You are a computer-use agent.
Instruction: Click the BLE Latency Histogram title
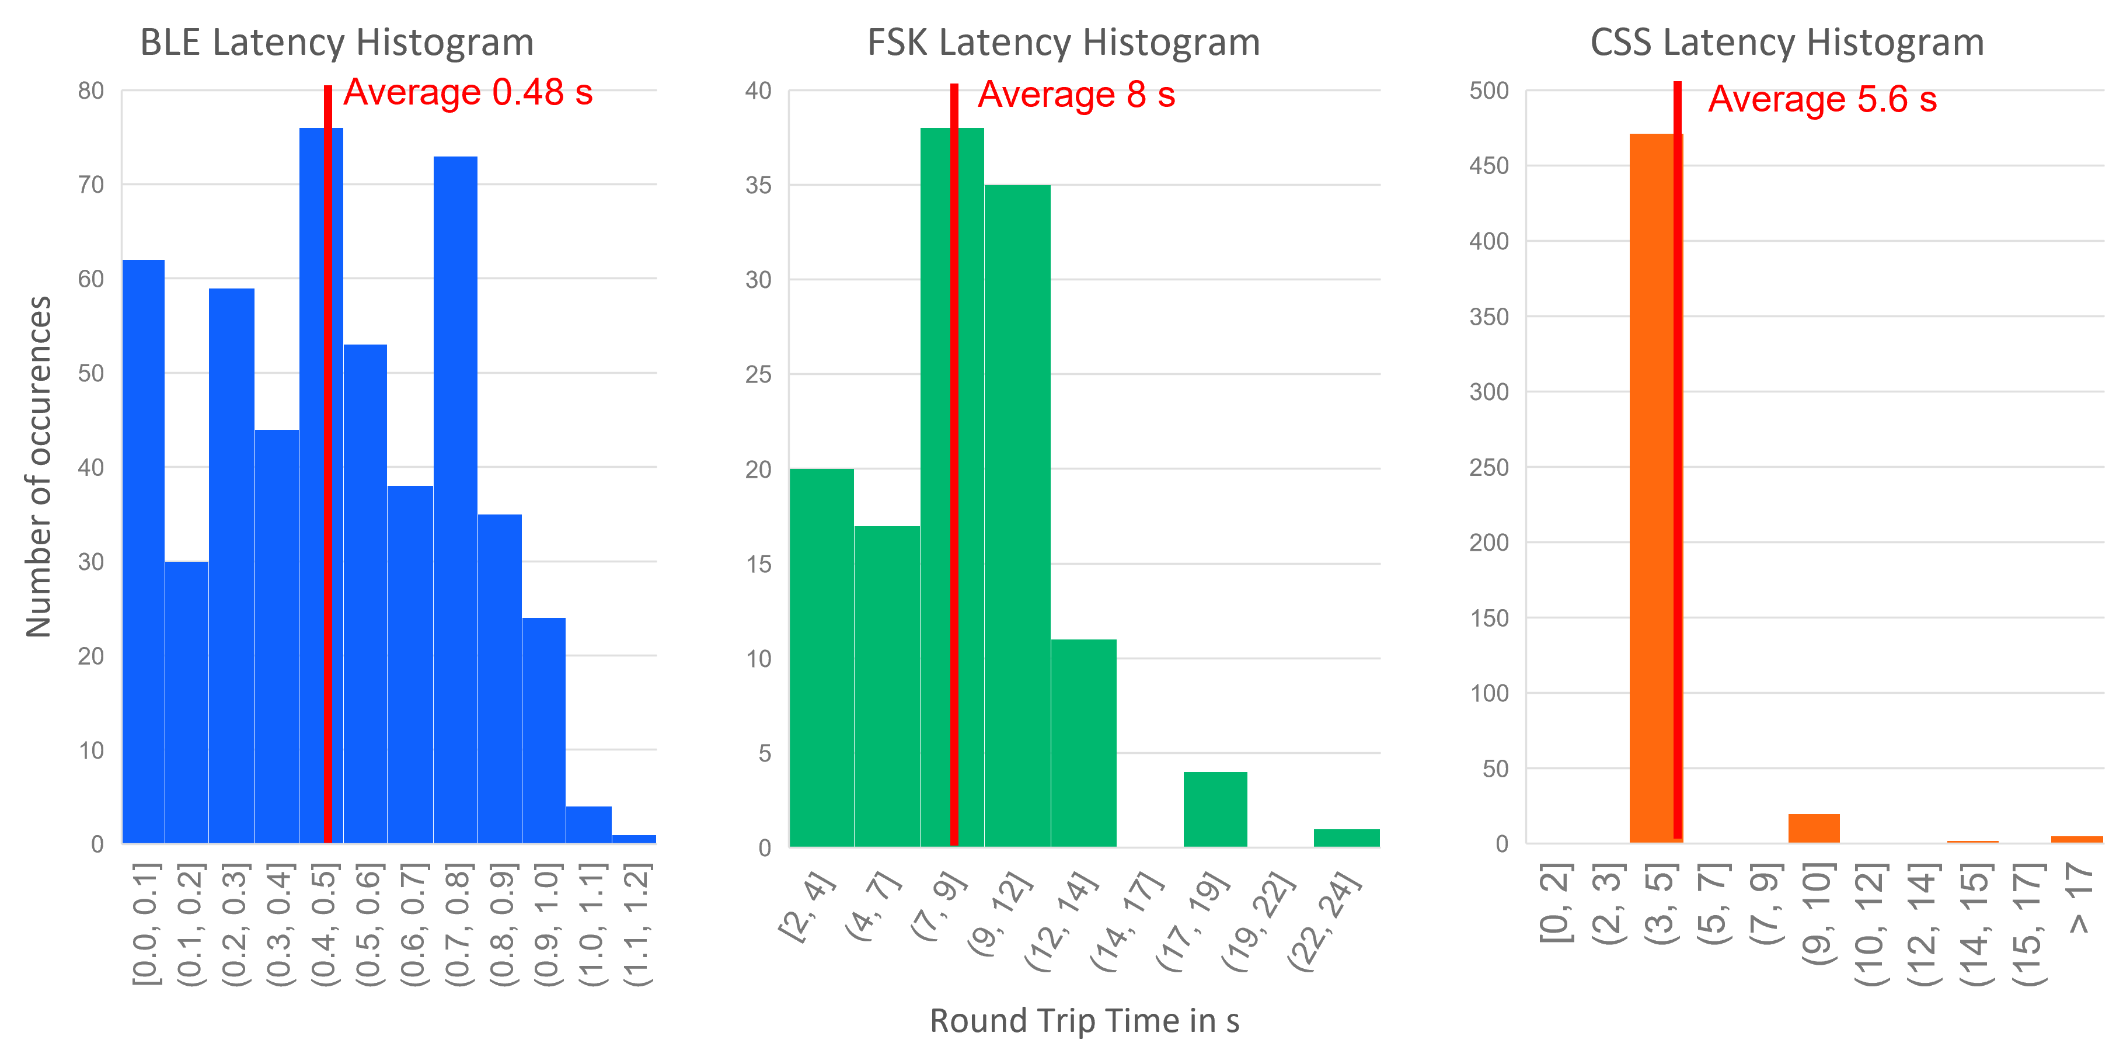click(x=336, y=43)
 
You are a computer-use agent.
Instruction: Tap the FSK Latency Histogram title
click(x=1063, y=43)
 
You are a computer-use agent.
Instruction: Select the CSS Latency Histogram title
click(x=1787, y=43)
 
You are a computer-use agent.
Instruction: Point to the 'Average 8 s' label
click(x=1076, y=96)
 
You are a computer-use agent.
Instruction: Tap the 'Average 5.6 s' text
click(x=1822, y=100)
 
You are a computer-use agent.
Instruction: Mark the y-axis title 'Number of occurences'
click(x=39, y=467)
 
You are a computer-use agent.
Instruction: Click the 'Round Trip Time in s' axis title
click(x=1085, y=1021)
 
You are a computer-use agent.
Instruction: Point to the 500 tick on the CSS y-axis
click(x=1488, y=91)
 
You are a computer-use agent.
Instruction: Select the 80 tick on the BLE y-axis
click(x=90, y=91)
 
